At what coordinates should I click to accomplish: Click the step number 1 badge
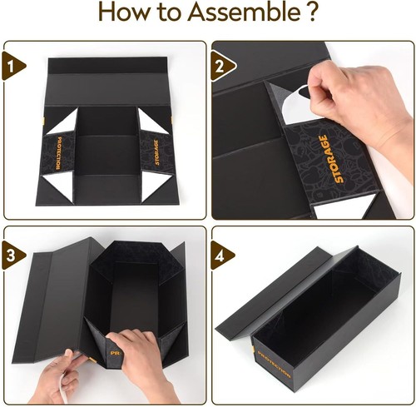click(x=11, y=64)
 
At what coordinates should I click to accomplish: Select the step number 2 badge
click(x=220, y=64)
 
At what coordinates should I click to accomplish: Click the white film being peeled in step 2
click(x=291, y=104)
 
